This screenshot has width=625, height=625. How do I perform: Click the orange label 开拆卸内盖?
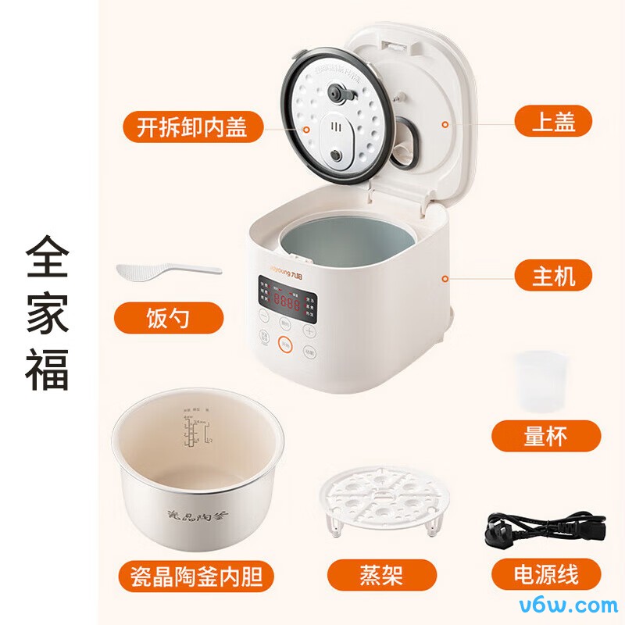(193, 127)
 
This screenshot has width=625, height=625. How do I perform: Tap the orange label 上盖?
(553, 122)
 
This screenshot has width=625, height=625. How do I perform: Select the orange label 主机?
(553, 275)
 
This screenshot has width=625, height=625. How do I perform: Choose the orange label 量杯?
(546, 436)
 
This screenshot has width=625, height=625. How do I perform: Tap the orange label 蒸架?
(381, 577)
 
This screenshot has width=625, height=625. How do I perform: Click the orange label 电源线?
(546, 577)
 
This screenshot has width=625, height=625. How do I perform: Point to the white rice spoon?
(167, 270)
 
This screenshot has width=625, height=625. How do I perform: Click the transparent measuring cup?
(539, 382)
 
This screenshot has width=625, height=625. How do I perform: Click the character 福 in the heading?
(48, 369)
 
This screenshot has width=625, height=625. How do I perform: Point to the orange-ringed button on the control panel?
(287, 342)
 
